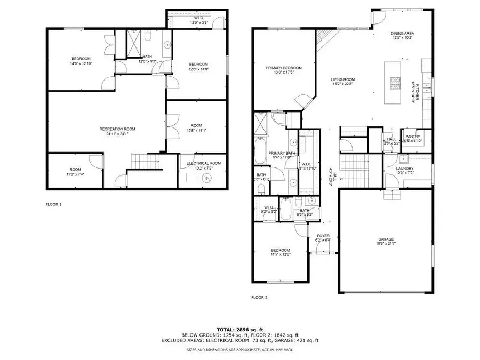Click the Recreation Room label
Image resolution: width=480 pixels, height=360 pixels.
[117, 129]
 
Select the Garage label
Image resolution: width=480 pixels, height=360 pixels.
[386, 239]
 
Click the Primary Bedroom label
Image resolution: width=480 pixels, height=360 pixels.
[284, 68]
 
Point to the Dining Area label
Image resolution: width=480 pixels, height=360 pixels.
[403, 34]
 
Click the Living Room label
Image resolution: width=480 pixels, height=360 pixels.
[343, 79]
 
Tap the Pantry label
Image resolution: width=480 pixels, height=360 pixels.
[413, 137]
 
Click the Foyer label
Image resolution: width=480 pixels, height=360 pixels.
[324, 235]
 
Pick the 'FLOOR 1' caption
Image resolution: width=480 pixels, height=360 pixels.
[54, 204]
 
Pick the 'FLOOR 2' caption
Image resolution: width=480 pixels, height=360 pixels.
[259, 297]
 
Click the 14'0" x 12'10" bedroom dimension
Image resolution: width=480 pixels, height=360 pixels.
[82, 63]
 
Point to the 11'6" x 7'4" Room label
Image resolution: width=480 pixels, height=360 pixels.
[75, 171]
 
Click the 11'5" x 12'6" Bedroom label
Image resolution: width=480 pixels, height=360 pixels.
[280, 252]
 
